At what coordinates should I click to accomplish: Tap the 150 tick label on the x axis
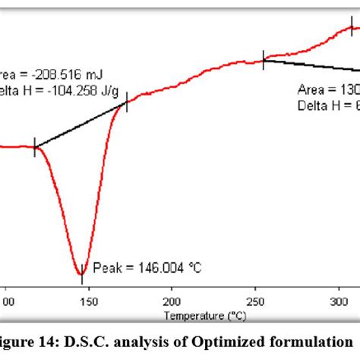point(90,301)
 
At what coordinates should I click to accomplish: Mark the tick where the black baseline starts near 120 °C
point(35,147)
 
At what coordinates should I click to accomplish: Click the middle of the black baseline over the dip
point(81,125)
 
